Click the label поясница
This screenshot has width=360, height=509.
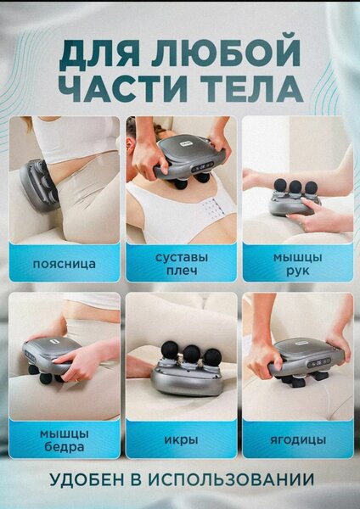click(x=64, y=264)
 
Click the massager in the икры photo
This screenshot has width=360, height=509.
click(x=183, y=373)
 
